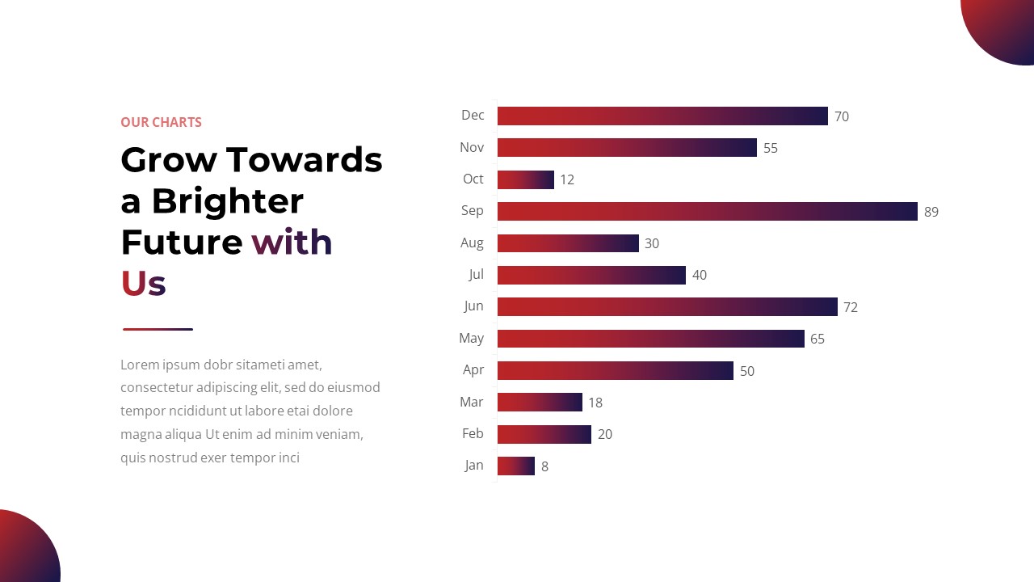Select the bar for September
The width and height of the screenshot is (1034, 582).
pos(707,211)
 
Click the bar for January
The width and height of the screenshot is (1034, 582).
pos(515,466)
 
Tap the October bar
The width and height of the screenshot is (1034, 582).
pos(525,179)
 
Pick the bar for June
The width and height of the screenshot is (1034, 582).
pos(667,306)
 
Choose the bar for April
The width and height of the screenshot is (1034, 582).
pos(615,370)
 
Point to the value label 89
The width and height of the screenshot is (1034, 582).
pos(931,212)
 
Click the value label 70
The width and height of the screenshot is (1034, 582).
pos(842,116)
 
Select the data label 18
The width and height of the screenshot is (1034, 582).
pos(595,403)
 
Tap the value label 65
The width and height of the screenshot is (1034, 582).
pos(818,339)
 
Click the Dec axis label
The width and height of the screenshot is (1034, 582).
pos(473,115)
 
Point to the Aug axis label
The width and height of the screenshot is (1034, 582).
pos(472,242)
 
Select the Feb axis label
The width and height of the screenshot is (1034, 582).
pos(473,433)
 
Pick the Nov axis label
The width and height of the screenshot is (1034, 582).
pos(472,147)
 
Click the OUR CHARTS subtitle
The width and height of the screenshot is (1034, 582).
pos(161,122)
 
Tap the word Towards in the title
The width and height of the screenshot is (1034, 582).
pos(305,159)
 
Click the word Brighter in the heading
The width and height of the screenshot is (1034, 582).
pos(228,200)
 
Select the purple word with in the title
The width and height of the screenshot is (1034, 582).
pos(292,242)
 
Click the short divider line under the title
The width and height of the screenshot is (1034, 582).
pos(158,329)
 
